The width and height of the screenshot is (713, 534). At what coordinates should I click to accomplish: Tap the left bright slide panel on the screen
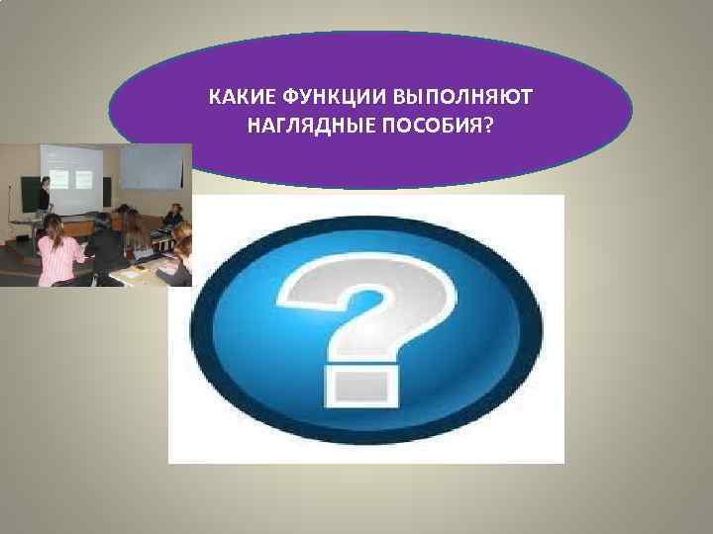[x=57, y=179]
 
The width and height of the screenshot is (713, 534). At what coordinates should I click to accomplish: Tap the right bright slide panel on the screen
[x=83, y=178]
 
